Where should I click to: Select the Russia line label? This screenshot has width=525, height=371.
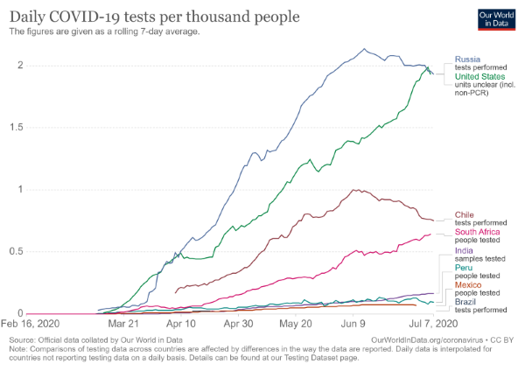[466, 59]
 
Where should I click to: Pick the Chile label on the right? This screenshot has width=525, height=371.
[464, 213]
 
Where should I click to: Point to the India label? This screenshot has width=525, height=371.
[464, 251]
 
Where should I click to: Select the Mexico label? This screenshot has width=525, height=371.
[468, 284]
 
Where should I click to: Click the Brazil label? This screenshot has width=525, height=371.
[465, 301]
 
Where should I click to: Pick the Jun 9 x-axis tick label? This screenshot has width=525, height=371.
[353, 323]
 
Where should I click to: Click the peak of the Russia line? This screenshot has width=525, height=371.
[365, 49]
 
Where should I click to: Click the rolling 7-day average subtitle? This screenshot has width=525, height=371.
[104, 31]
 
